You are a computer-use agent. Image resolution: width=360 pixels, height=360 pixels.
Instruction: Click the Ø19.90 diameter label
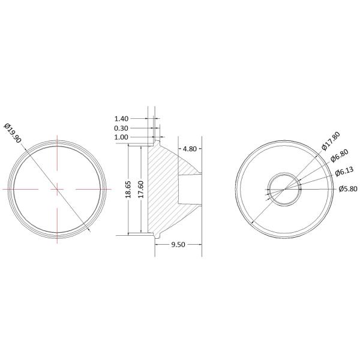[13, 133]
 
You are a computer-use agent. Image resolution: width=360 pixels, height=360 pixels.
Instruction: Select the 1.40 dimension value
[121, 119]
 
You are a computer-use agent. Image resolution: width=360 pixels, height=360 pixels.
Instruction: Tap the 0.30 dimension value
[121, 128]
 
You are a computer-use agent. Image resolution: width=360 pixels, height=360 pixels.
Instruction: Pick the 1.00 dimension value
[121, 137]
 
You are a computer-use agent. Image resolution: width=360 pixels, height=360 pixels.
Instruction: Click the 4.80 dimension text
[190, 149]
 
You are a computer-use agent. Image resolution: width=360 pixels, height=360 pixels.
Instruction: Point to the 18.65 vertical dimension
[128, 190]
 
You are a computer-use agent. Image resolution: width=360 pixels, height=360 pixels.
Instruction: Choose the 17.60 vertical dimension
[141, 190]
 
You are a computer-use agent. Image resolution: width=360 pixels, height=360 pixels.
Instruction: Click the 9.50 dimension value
[178, 245]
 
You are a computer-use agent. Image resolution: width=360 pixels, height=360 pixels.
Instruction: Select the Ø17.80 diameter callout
[331, 141]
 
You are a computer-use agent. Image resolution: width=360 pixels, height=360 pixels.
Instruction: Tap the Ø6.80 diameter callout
[340, 155]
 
